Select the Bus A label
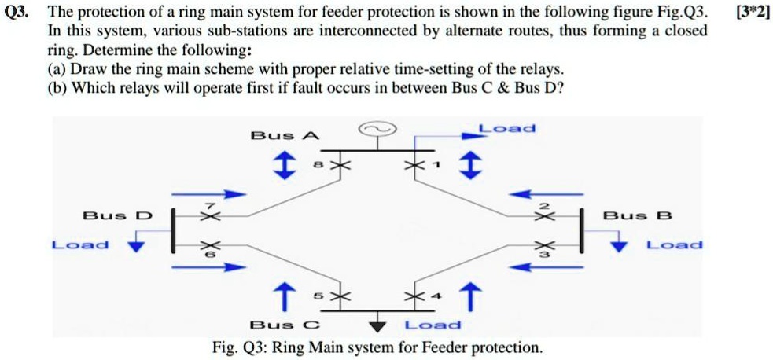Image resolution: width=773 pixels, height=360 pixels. pyautogui.click(x=285, y=135)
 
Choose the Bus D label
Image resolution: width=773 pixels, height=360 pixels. pyautogui.click(x=118, y=215)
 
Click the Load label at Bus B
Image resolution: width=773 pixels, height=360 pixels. pyautogui.click(x=674, y=245)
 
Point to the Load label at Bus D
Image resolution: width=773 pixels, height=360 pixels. pyautogui.click(x=80, y=245)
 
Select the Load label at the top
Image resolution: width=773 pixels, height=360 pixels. pyautogui.click(x=507, y=128)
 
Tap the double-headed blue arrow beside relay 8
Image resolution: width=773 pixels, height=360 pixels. pyautogui.click(x=279, y=166)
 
